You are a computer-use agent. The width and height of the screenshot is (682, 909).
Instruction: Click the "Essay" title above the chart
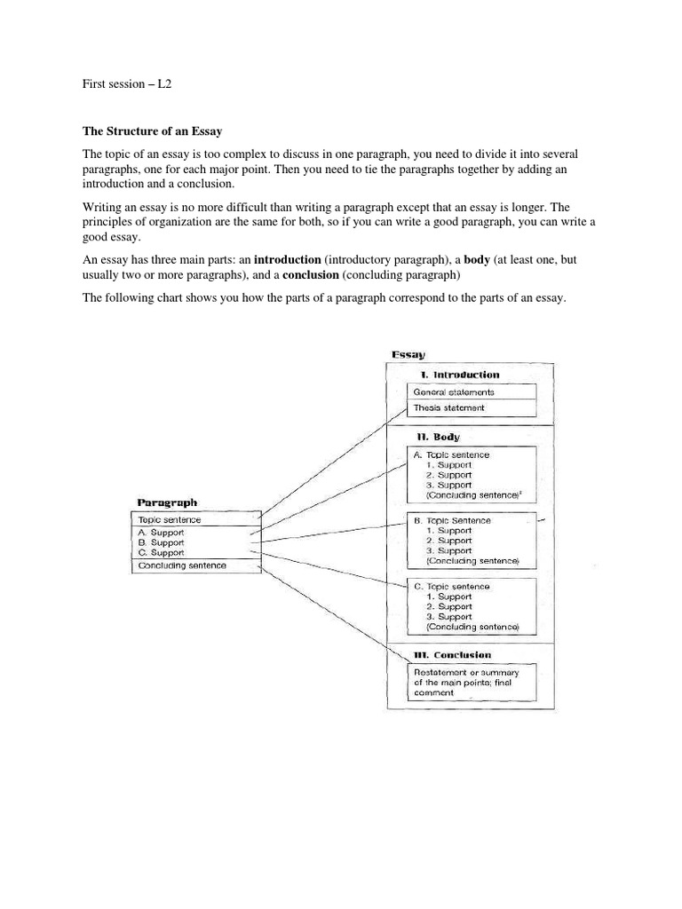[x=408, y=355]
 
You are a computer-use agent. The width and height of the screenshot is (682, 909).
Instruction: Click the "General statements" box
[x=454, y=391]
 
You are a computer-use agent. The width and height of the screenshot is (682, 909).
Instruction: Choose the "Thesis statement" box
[x=449, y=408]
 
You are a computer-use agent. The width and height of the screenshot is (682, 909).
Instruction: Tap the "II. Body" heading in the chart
[x=440, y=437]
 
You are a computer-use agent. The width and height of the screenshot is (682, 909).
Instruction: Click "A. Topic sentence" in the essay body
[x=451, y=454]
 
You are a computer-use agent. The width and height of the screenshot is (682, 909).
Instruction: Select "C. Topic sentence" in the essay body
[x=452, y=587]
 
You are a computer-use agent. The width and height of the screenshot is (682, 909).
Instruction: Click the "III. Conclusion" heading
[x=452, y=655]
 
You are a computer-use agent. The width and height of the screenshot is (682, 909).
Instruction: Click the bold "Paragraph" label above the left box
[x=167, y=502]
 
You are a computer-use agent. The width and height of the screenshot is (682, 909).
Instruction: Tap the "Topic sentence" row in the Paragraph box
[x=170, y=519]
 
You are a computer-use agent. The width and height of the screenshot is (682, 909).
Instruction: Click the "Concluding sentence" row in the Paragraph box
[x=182, y=565]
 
